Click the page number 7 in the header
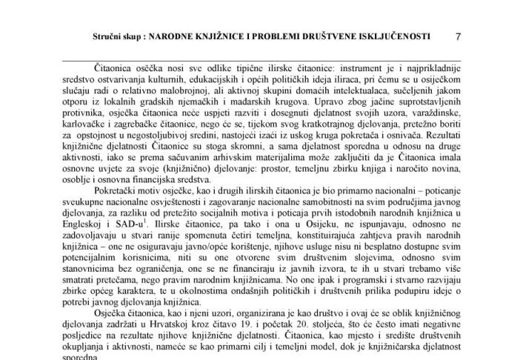click(458, 36)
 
